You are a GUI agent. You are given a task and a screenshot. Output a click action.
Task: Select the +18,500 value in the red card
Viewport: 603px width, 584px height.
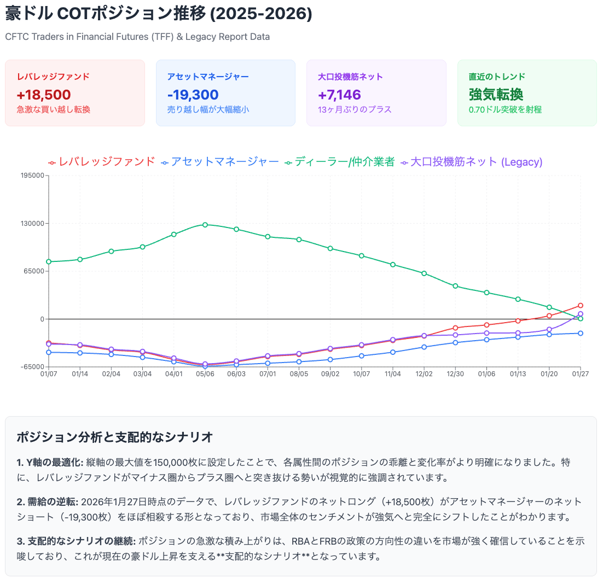tap(44, 95)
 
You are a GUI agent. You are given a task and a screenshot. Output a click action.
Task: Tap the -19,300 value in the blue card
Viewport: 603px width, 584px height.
tap(193, 95)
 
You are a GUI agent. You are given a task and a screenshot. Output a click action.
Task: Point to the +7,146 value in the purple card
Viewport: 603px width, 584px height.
tap(339, 95)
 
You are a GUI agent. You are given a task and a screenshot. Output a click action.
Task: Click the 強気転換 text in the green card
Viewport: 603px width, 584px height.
tap(496, 95)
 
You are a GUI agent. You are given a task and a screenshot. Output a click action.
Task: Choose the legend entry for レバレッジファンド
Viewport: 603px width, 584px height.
tap(102, 162)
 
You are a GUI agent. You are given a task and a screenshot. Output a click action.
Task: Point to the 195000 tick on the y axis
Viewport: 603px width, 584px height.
tap(32, 176)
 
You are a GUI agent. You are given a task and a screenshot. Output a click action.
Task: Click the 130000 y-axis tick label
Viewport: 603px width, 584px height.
tap(32, 223)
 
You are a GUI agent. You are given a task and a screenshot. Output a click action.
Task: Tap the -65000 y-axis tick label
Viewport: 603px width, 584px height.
tap(32, 367)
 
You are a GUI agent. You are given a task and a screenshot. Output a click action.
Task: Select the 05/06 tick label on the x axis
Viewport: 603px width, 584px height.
tap(205, 374)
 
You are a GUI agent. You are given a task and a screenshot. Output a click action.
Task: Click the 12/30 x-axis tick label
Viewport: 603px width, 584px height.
tap(455, 374)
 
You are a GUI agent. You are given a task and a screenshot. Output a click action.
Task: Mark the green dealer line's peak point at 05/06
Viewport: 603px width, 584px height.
tap(205, 224)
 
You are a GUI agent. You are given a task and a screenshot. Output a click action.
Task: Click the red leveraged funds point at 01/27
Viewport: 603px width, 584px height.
tap(581, 305)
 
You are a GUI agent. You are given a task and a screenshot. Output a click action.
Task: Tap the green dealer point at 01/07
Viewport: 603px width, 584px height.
tap(49, 261)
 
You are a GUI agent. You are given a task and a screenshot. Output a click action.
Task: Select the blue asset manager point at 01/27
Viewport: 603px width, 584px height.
tap(581, 333)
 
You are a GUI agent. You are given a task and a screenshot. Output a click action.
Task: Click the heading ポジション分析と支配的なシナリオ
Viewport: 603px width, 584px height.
tap(114, 437)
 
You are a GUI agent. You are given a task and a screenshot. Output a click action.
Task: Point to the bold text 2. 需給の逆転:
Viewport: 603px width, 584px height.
tap(48, 501)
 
